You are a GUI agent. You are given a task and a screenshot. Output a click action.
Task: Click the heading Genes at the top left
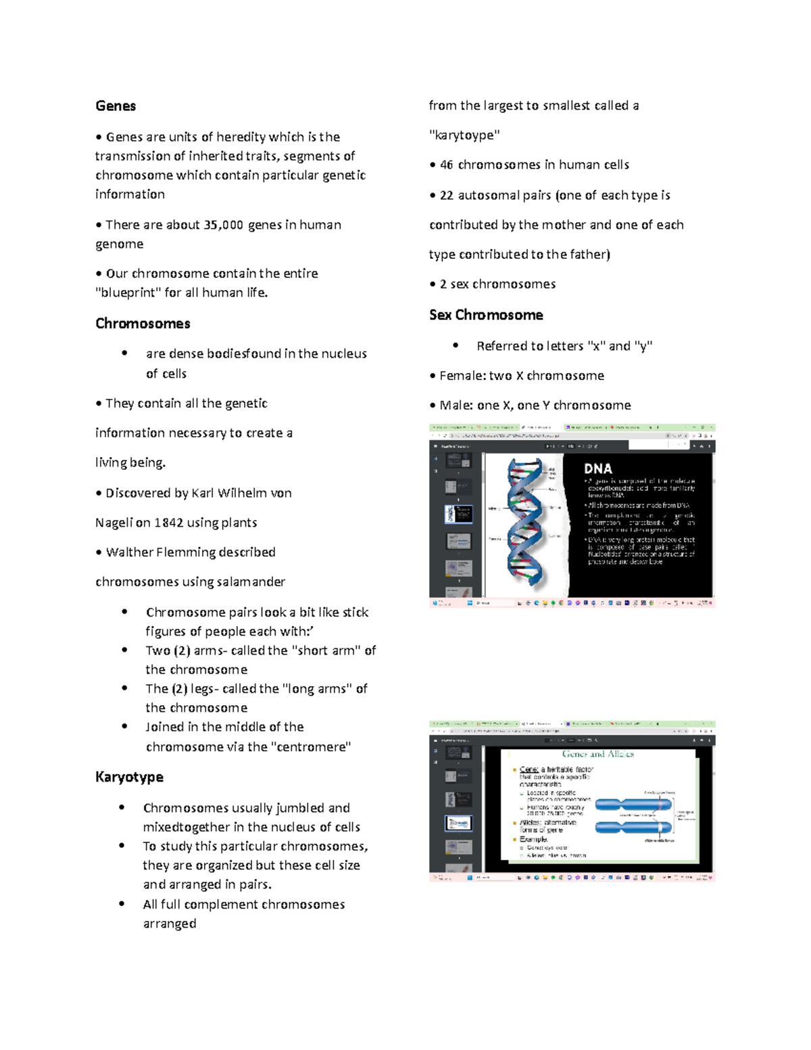coord(116,106)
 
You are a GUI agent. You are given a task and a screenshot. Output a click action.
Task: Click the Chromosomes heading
coord(143,324)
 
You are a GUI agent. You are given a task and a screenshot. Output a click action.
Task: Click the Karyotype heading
coord(129,778)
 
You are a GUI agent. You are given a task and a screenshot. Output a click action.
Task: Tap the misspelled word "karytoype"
coord(464,135)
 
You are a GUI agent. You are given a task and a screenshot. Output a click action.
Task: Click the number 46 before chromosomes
coord(447,165)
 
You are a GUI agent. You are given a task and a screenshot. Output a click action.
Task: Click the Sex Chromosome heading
coord(486,315)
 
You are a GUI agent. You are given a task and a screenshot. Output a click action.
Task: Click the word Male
coord(454,406)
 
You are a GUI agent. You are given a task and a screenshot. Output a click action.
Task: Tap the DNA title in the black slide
coord(597,469)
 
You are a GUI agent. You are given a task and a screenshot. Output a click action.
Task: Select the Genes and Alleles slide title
coord(597,754)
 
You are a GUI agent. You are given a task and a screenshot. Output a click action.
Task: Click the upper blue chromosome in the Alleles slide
coord(633,804)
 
